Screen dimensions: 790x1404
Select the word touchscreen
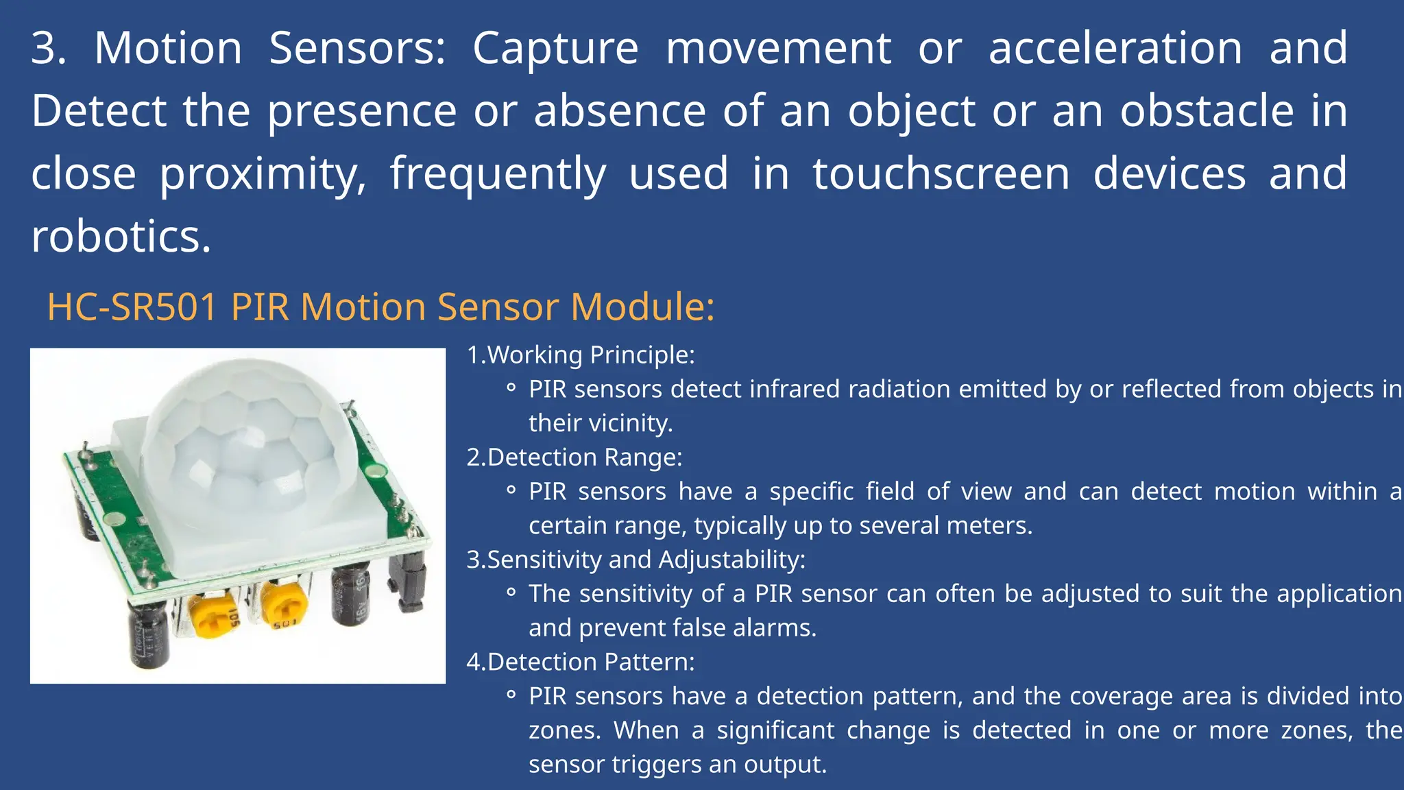coord(941,173)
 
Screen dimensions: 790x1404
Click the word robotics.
coord(121,237)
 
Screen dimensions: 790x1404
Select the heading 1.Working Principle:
coord(580,355)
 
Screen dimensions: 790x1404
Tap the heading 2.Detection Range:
coord(574,457)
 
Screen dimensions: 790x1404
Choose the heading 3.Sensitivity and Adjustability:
coord(636,560)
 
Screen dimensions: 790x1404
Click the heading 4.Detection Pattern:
coord(580,662)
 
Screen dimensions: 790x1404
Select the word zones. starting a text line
coord(564,730)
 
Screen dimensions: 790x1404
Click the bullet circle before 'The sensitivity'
coord(511,592)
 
